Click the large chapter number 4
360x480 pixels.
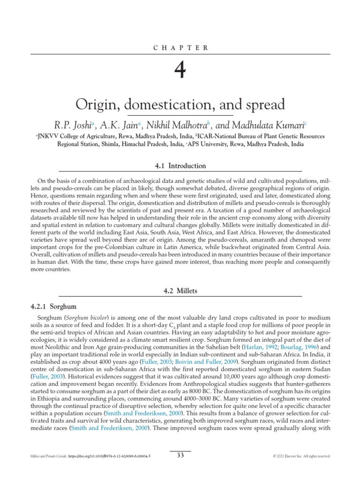180,71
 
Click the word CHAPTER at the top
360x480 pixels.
180,47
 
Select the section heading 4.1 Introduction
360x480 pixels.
180,166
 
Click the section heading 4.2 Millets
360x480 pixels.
180,291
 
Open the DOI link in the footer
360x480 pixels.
110,456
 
